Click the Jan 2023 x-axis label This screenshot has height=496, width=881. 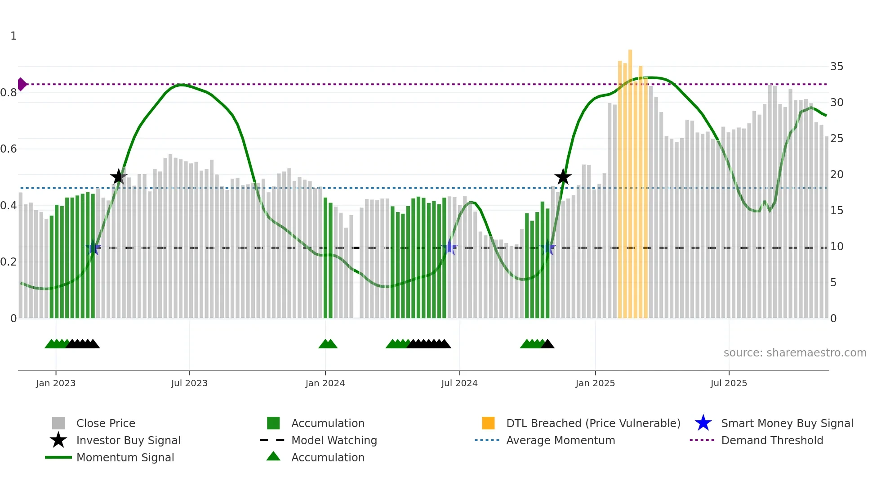pyautogui.click(x=56, y=383)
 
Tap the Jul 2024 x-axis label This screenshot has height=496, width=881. pyautogui.click(x=459, y=383)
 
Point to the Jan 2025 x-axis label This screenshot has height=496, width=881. pyautogui.click(x=595, y=383)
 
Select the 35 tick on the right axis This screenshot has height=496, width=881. pyautogui.click(x=837, y=67)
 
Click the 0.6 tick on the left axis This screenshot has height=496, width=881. pyautogui.click(x=9, y=149)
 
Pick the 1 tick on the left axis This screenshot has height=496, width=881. pyautogui.click(x=13, y=36)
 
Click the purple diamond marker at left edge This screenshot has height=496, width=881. pyautogui.click(x=22, y=84)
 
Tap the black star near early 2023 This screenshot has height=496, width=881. pyautogui.click(x=119, y=177)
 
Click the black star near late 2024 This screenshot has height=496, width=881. pyautogui.click(x=563, y=177)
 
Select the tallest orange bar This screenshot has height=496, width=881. pyautogui.click(x=630, y=180)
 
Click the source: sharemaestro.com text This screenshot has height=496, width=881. pyautogui.click(x=795, y=353)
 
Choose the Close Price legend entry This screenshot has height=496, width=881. pyautogui.click(x=106, y=423)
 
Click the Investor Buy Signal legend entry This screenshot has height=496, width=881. pyautogui.click(x=128, y=440)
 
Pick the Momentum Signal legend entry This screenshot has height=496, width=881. pyautogui.click(x=125, y=457)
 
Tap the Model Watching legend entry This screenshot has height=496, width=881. pyautogui.click(x=334, y=440)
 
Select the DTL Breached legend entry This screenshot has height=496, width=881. pyautogui.click(x=593, y=423)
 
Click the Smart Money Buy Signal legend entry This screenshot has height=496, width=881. pyautogui.click(x=787, y=423)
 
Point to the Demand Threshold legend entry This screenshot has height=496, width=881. pyautogui.click(x=772, y=440)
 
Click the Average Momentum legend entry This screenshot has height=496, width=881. pyautogui.click(x=560, y=440)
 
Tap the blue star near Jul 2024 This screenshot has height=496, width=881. pyautogui.click(x=449, y=247)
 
